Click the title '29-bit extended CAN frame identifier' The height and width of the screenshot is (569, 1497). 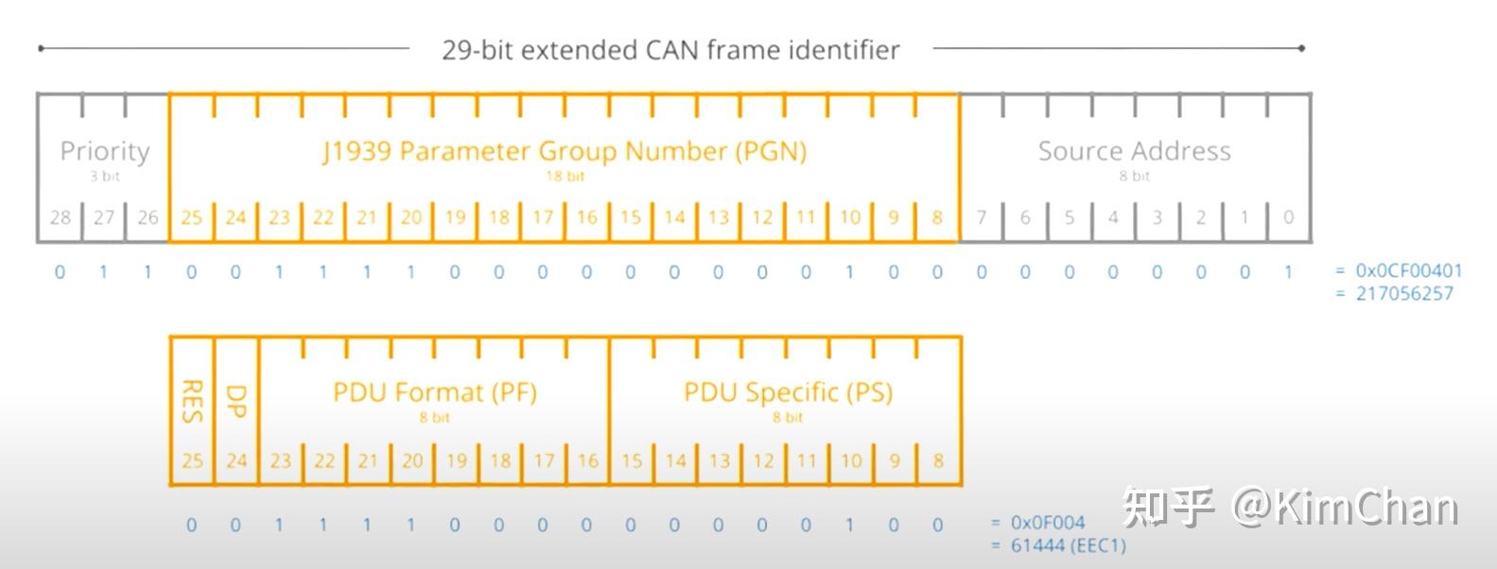pos(670,49)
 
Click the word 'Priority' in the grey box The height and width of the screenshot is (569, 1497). pos(104,151)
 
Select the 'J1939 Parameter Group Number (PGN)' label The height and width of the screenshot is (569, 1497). pos(565,151)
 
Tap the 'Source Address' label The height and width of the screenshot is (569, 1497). pos(1134,151)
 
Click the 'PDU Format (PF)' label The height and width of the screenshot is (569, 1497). pos(434,392)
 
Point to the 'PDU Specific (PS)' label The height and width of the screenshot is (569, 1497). pos(788,392)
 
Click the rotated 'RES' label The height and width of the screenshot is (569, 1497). pos(192,401)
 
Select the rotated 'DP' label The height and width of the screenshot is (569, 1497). pos(235,401)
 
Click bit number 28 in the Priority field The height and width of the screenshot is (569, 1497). pos(61,217)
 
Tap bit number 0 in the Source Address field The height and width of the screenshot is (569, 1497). pos(1288,217)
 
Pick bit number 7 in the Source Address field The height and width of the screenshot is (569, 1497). pos(982,217)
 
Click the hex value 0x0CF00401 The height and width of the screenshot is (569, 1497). pos(1408,270)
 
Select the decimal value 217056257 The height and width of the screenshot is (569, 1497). pos(1404,293)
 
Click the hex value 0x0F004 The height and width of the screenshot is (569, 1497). pos(1048,523)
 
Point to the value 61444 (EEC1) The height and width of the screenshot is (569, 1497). pos(1068,545)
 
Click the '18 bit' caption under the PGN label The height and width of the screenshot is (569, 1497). pos(565,176)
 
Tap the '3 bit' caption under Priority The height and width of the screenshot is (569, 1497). pos(104,176)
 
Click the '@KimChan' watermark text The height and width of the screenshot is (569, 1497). pos(1344,508)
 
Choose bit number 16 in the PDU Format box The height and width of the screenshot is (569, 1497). pos(587,461)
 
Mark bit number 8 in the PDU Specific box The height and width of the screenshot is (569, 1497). pos(938,461)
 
